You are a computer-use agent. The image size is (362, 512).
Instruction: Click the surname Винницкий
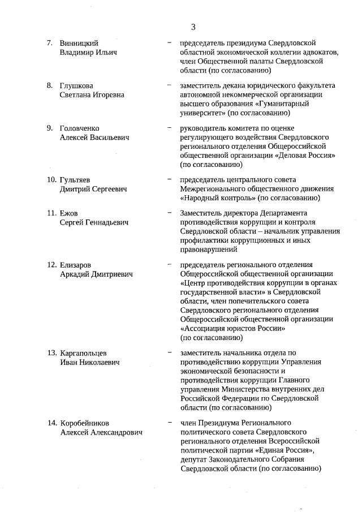79,43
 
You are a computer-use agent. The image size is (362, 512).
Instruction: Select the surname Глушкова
77,85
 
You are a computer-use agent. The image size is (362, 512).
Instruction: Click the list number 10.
51,180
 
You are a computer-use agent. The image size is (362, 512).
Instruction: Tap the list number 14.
51,423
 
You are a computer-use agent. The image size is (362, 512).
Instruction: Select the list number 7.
50,43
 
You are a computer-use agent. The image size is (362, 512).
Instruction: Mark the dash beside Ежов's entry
170,213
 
